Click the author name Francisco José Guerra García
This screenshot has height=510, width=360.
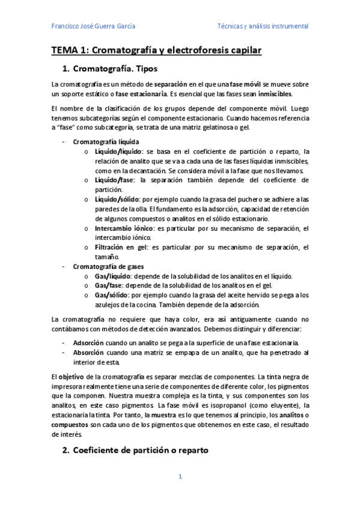coord(93,26)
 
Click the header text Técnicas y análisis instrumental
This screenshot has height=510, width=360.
coord(263,26)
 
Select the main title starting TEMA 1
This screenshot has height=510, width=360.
coord(156,51)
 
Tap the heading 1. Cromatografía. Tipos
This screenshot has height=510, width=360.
coord(114,70)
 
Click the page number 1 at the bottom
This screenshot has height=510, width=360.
coord(180,477)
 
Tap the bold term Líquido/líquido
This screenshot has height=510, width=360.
coord(116,152)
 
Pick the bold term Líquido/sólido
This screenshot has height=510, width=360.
coord(115,199)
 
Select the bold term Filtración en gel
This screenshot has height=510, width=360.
coord(117,247)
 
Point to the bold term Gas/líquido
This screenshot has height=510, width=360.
coord(112,276)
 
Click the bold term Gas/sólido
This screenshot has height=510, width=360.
coord(111,295)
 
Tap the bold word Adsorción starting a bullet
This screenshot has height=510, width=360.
coord(88,342)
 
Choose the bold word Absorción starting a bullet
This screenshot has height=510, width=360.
coord(88,352)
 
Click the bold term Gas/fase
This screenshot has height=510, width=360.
coord(109,286)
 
